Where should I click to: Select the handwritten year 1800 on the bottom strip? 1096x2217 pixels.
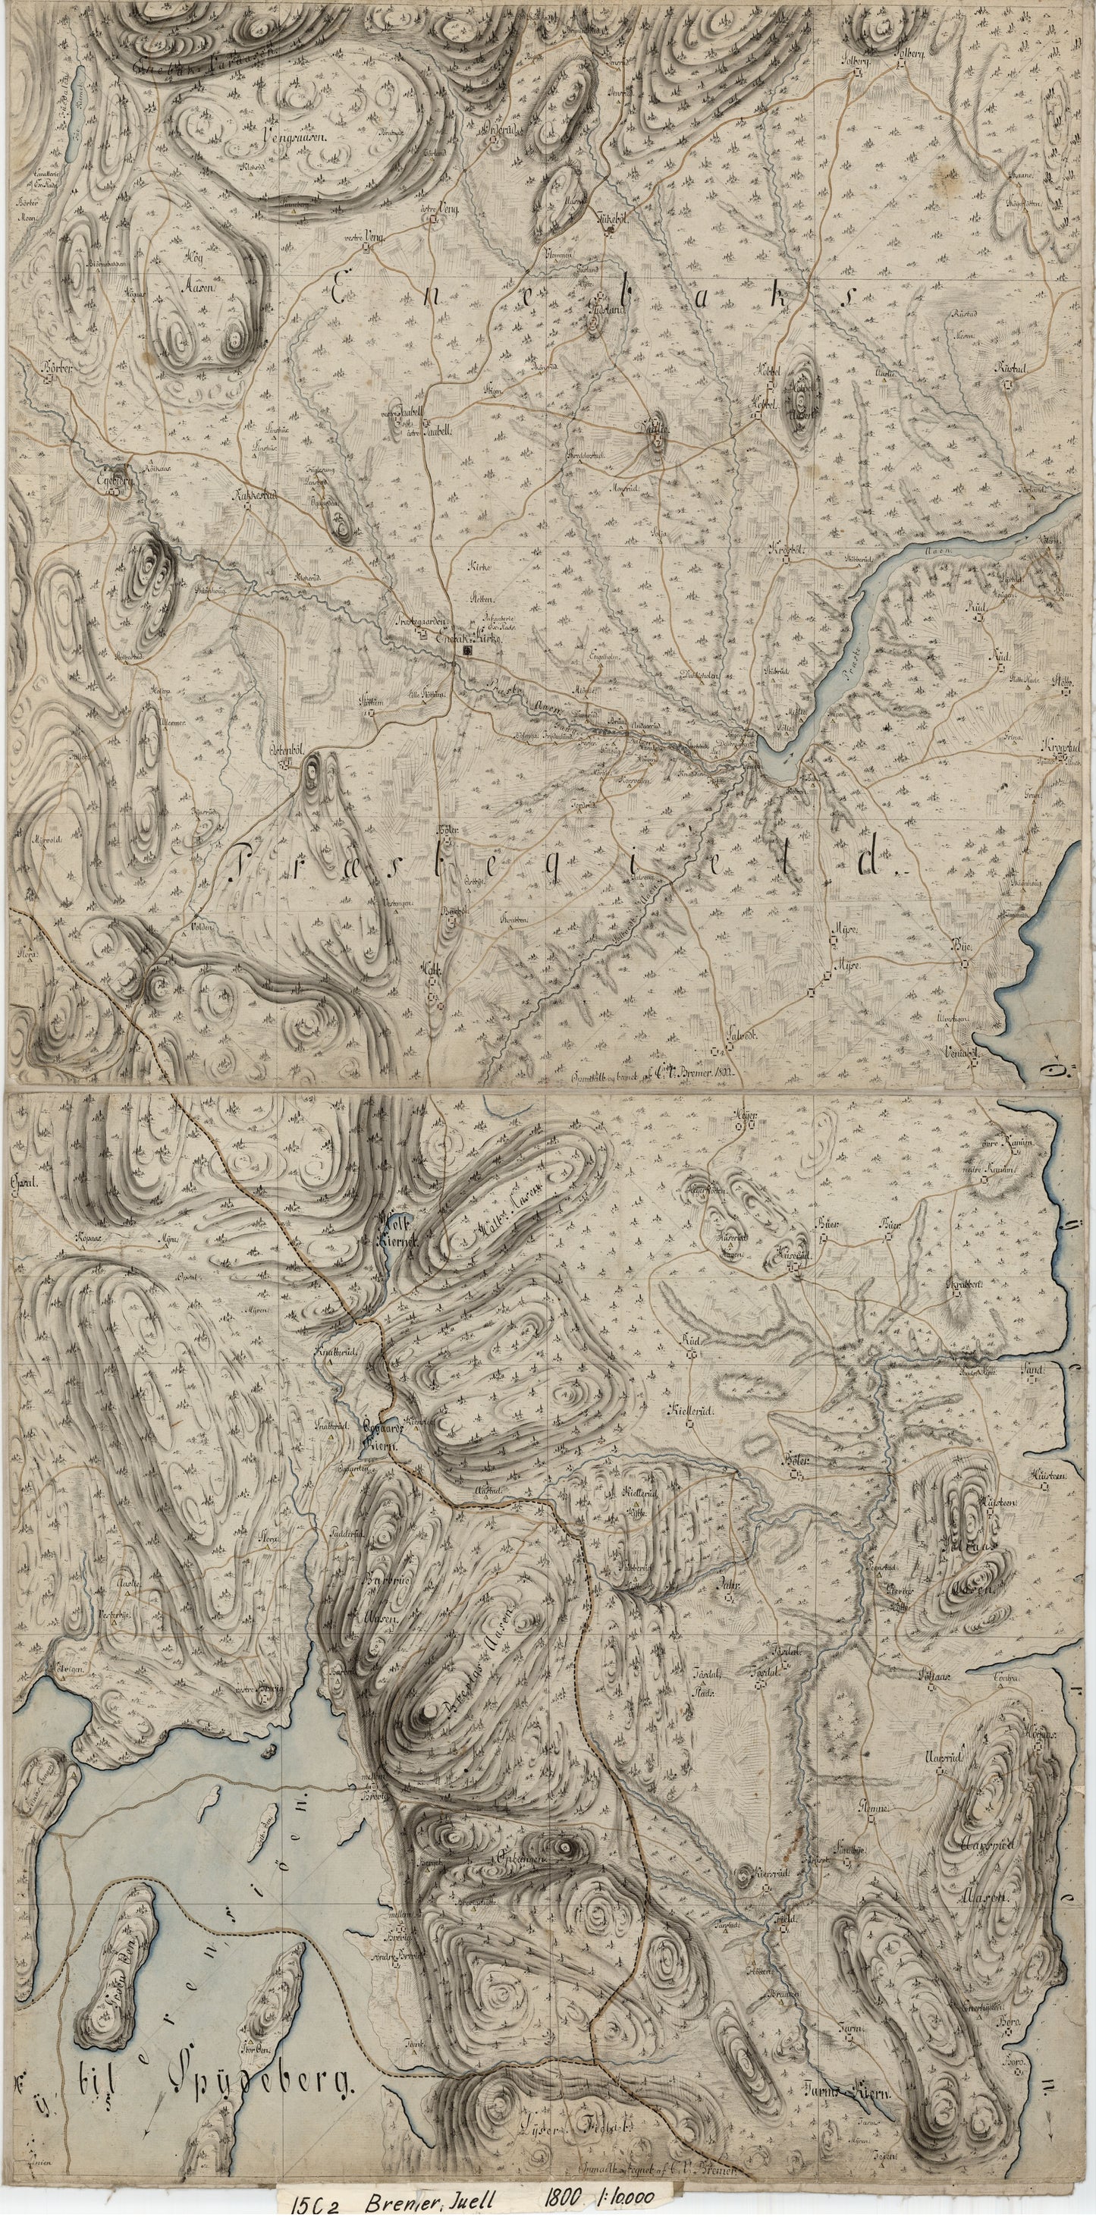click(562, 2197)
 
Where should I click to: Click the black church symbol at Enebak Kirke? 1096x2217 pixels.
click(467, 653)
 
